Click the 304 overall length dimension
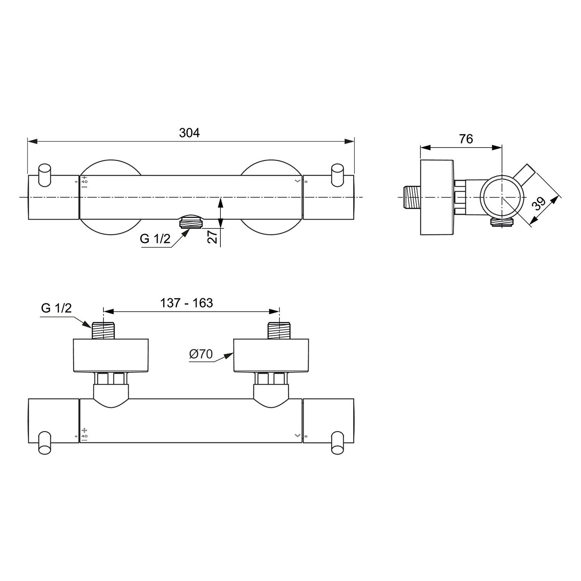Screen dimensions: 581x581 click(189, 133)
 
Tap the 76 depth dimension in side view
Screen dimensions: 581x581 click(466, 139)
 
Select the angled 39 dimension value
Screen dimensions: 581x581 click(539, 203)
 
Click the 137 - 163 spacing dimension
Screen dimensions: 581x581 click(187, 303)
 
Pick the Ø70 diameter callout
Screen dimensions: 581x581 click(201, 354)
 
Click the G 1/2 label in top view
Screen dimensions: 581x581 click(155, 239)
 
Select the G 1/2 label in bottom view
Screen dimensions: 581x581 click(56, 308)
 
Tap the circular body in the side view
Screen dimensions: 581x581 click(501, 197)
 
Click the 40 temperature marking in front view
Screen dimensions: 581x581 click(84, 182)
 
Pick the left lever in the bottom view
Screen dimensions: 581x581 click(45, 444)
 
